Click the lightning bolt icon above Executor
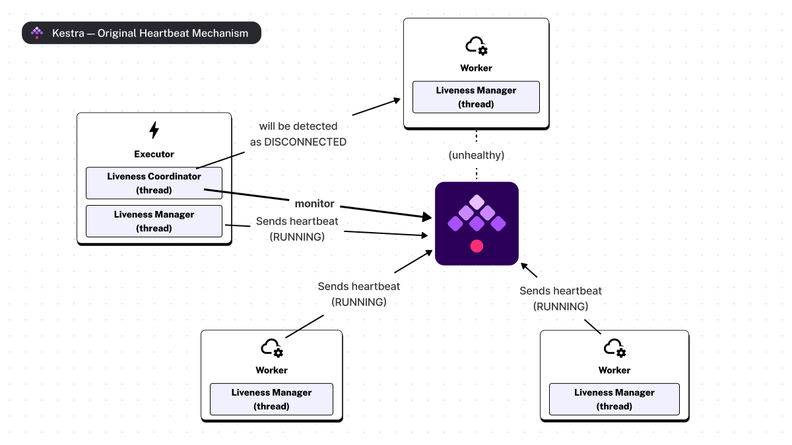point(154,130)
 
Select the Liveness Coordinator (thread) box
point(154,183)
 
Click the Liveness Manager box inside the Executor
point(154,221)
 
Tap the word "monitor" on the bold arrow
point(314,204)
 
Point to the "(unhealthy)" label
point(476,155)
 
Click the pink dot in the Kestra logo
point(477,246)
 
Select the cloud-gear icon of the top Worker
point(476,45)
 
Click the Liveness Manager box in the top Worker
point(476,97)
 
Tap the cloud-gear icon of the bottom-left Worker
point(272,347)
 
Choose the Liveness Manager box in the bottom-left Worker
point(271,399)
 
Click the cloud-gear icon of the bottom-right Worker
point(614,347)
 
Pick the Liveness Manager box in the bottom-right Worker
point(614,399)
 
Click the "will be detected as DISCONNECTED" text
point(298,134)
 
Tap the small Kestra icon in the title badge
point(37,33)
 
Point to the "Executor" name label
point(154,154)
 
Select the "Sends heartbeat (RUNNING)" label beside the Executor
point(297,229)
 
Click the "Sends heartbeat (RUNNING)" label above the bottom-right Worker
point(560,299)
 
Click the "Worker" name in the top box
point(476,68)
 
